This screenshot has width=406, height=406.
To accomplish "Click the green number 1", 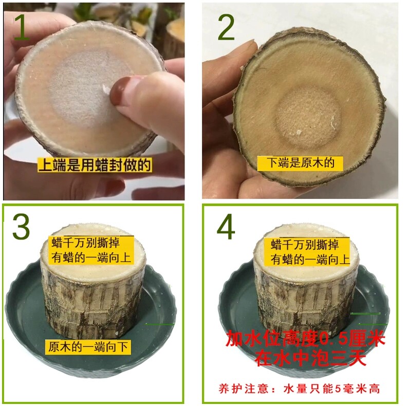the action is (22, 27).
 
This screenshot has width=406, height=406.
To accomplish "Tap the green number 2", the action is (226, 27).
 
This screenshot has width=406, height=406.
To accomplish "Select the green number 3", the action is (21, 227).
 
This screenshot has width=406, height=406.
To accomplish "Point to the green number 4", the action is (226, 227).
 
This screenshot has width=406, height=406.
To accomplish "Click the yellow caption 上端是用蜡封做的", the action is (95, 165).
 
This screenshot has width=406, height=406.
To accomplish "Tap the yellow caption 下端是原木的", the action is (300, 163).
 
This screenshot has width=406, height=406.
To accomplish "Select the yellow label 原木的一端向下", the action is (88, 347).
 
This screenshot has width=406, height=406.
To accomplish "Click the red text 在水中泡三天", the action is (310, 358).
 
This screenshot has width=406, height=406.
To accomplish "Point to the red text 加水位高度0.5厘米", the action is (306, 339).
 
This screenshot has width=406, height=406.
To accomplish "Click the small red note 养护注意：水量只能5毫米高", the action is (299, 389).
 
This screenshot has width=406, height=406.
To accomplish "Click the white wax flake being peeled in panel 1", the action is (106, 89).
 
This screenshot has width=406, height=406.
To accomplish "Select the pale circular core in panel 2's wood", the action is (307, 118).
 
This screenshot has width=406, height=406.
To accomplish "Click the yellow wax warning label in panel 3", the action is (91, 250).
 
